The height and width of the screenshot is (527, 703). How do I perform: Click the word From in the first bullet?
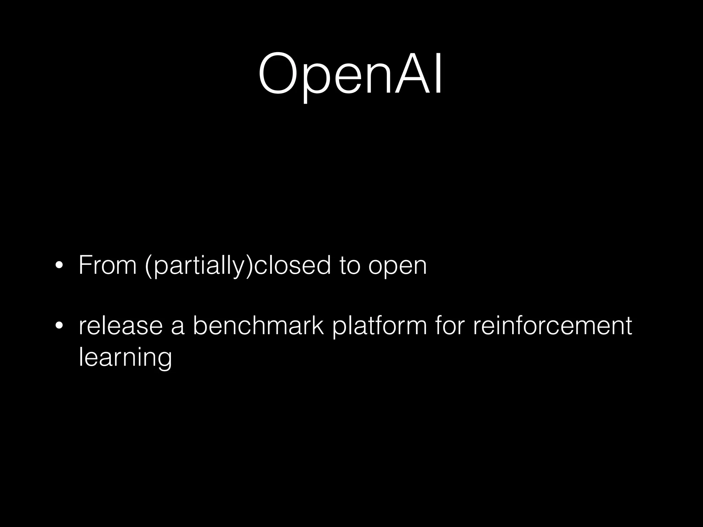click(107, 265)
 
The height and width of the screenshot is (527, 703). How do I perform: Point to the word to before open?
click(350, 266)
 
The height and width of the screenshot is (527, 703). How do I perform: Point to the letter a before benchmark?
click(177, 327)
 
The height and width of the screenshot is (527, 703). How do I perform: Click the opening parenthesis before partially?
click(148, 266)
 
